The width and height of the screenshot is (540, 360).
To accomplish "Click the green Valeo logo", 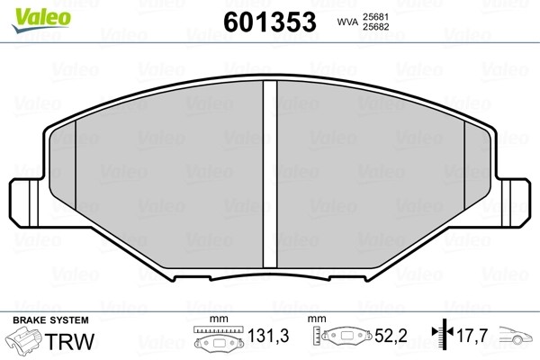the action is coord(41,20).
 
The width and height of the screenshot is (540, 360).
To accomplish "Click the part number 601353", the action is coord(270,22).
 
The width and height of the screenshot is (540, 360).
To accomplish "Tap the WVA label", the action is coord(347,22).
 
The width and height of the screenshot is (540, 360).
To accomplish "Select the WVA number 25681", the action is coord(375,17).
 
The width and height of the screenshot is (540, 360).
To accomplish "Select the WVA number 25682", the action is coord(375,27).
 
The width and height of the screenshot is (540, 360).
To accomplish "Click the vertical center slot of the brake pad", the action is coord(270,174).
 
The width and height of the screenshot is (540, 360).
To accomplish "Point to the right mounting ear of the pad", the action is coord(513,202).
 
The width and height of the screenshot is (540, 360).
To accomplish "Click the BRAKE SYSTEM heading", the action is coord(50,320).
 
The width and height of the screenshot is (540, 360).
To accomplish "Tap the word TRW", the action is coord(69,341).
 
